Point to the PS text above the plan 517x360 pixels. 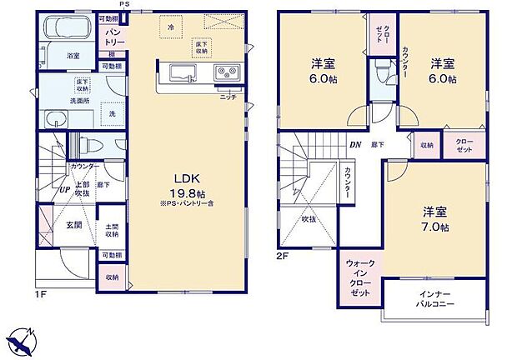coord(124,5)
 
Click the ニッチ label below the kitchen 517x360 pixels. coord(228,97)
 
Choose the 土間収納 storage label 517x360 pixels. coord(111,229)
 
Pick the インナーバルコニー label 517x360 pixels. coord(432,301)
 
